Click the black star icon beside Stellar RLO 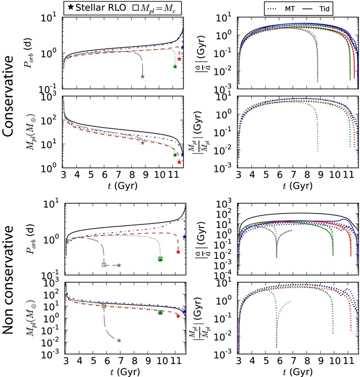(x=71, y=7)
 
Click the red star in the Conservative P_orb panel (x=179, y=59)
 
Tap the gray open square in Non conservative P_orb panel (x=104, y=265)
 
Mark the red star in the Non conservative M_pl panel (x=178, y=316)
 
